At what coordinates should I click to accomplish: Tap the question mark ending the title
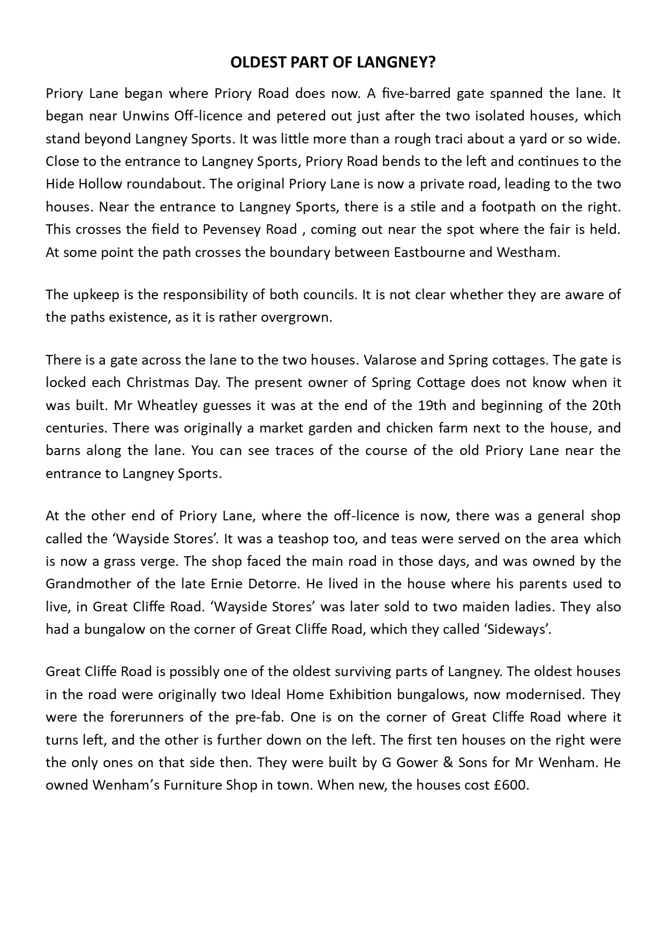click(432, 63)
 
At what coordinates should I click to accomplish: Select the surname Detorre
click(289, 584)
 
